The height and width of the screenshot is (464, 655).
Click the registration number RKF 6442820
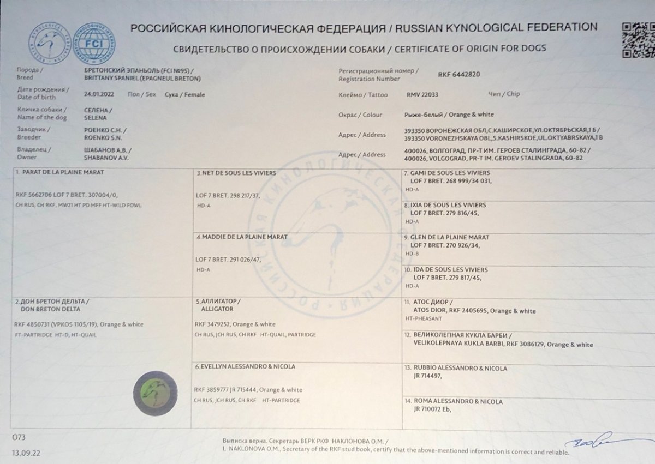click(x=459, y=74)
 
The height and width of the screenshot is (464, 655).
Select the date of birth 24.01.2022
click(x=96, y=94)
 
